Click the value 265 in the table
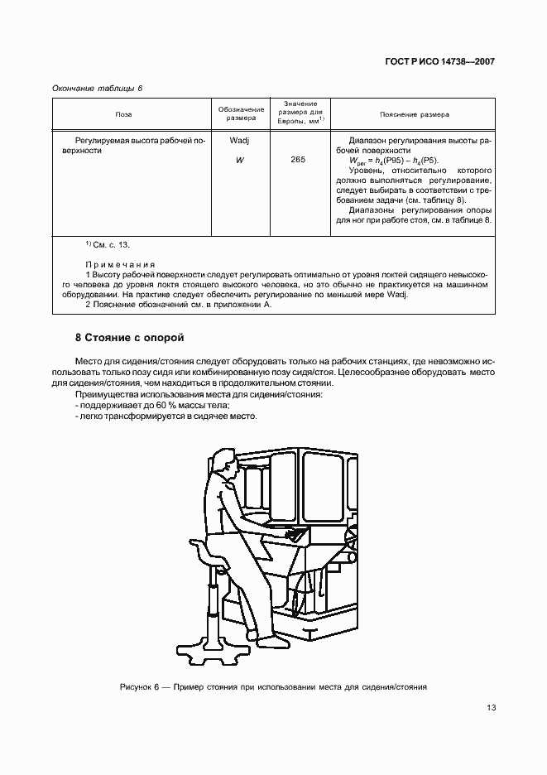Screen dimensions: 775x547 point(299,160)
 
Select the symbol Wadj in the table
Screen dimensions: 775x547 point(240,141)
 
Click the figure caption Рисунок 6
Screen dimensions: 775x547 point(272,687)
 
